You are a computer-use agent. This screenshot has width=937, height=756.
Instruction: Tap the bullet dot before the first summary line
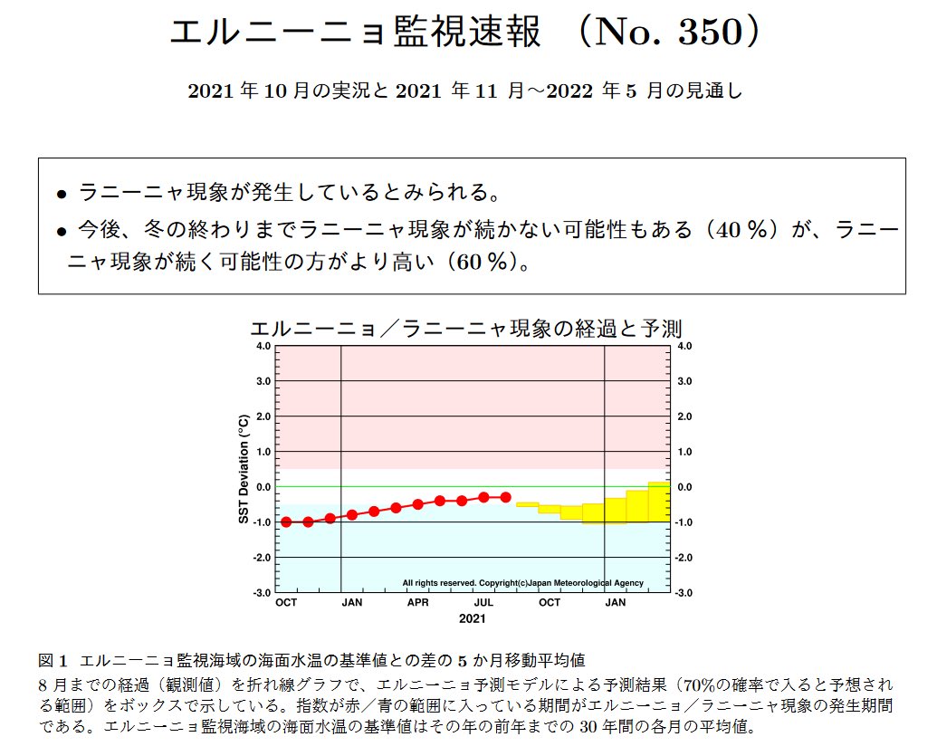tap(62, 194)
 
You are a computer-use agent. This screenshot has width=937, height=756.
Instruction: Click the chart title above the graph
tap(465, 328)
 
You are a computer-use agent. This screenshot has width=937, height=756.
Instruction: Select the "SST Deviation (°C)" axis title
tap(243, 469)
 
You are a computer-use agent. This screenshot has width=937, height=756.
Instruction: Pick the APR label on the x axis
tap(417, 602)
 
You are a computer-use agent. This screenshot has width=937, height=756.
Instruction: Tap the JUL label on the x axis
tap(483, 602)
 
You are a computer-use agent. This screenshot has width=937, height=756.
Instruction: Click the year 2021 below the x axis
tap(472, 619)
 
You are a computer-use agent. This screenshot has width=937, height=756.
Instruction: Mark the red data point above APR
tap(417, 504)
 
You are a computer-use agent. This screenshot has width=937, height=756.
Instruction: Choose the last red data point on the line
tap(505, 497)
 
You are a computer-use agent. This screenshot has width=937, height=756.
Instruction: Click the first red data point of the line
tap(286, 522)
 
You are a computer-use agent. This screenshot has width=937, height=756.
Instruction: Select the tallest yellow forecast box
tap(659, 502)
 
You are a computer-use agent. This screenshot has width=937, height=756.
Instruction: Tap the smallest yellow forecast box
tap(527, 503)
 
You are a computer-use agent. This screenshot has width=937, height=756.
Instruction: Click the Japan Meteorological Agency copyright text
tap(522, 583)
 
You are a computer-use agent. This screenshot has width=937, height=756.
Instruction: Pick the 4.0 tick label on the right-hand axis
tap(684, 346)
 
